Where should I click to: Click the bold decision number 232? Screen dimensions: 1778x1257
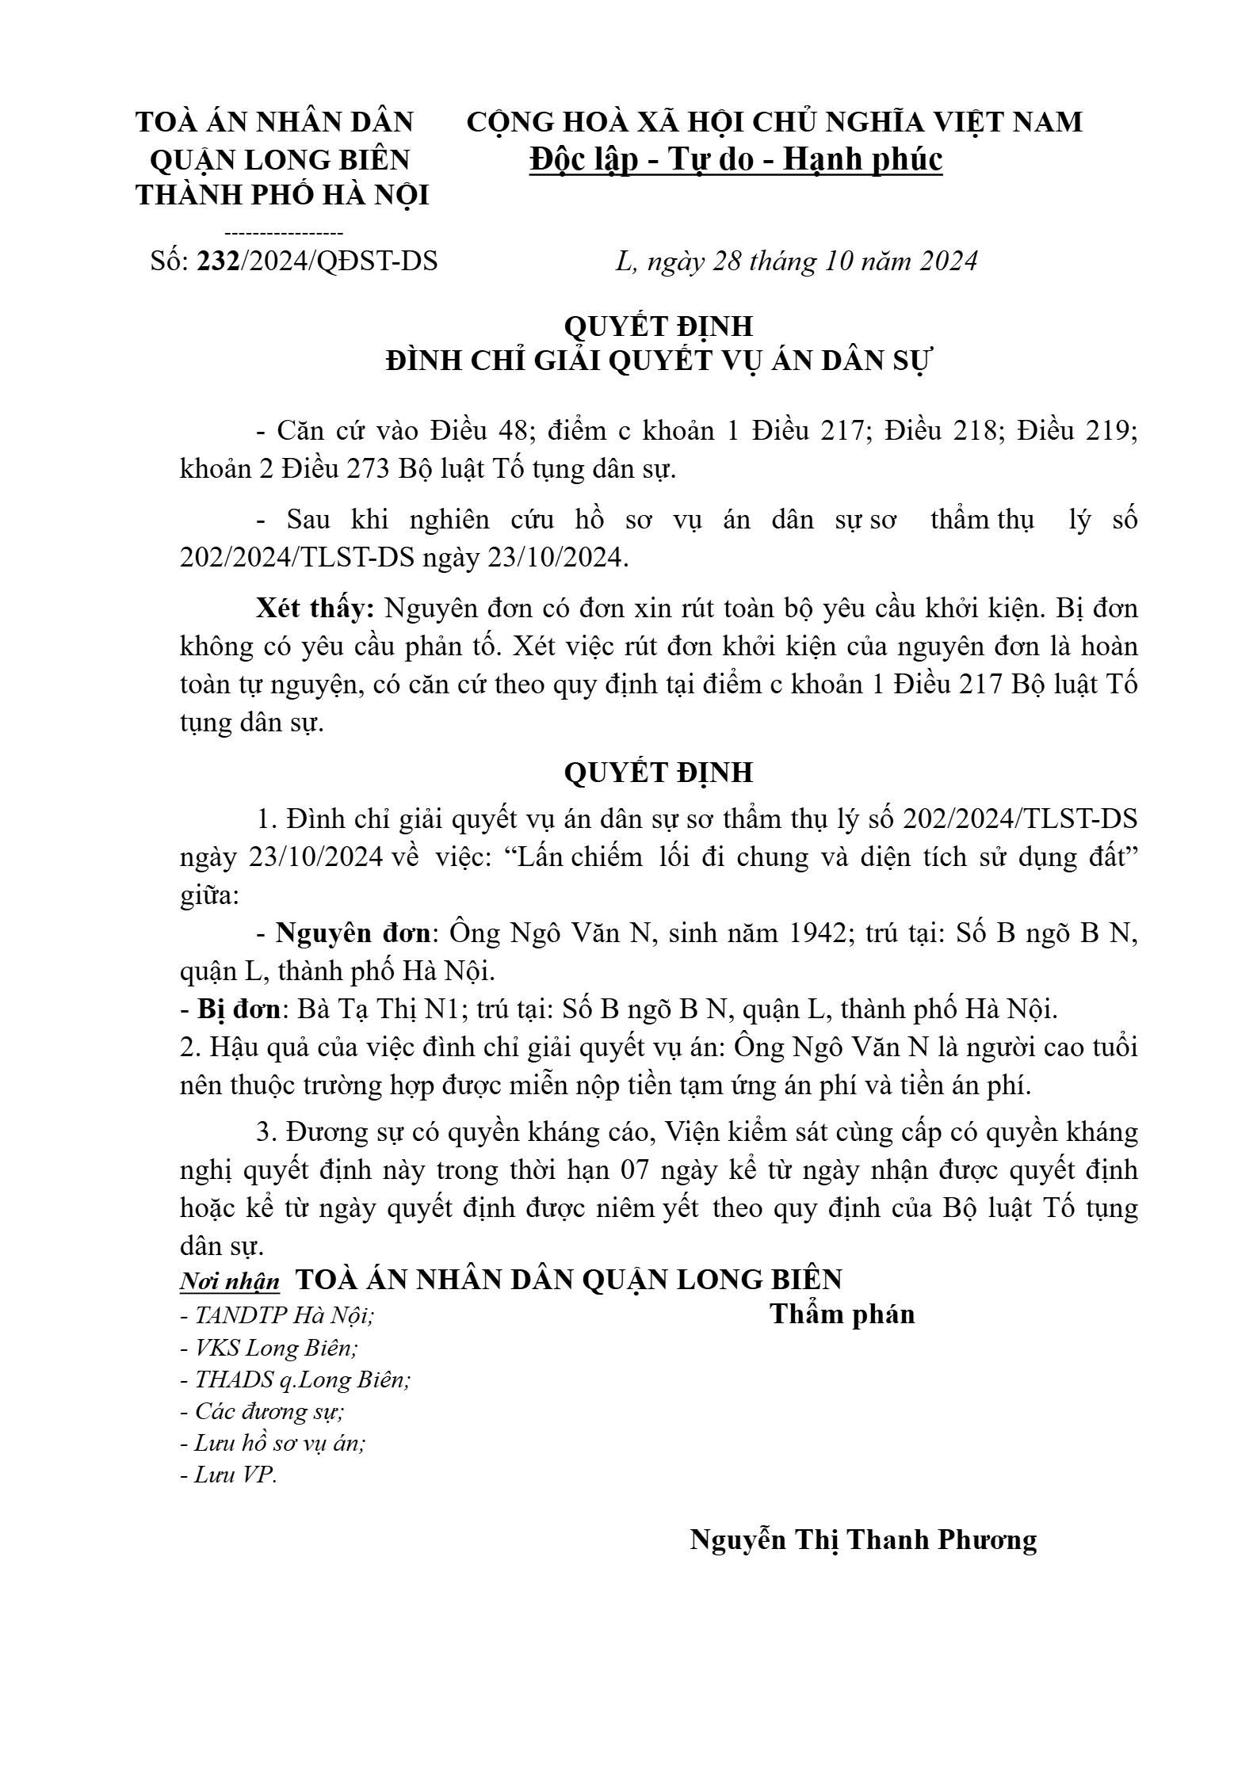218,261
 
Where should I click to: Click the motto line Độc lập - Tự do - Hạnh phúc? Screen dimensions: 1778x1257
736,159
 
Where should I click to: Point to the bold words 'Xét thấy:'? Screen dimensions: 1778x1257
315,609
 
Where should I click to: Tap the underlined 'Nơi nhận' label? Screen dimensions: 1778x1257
230,1281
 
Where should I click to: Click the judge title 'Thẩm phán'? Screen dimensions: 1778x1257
842,1314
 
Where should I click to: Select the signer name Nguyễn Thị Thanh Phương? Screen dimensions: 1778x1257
863,1539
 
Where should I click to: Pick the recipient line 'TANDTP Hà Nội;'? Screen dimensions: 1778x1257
277,1316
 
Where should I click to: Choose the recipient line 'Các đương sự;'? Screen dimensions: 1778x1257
262,1411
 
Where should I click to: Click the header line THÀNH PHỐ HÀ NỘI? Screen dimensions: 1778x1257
282,195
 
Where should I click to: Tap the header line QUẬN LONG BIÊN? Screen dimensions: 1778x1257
280,159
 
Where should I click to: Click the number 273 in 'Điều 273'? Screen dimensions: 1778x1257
366,469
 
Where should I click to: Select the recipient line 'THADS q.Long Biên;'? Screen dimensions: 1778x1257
295,1379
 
